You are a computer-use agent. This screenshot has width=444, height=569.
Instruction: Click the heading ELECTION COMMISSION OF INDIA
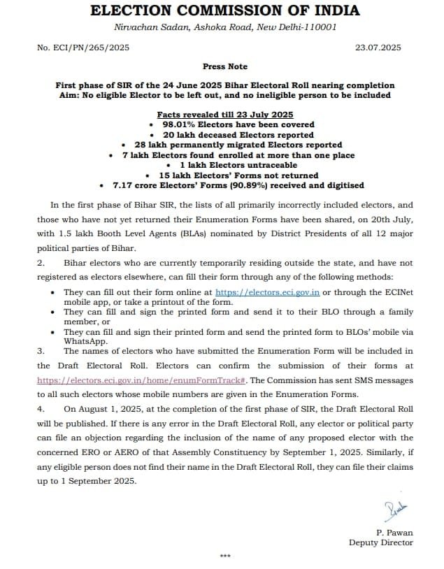(225, 10)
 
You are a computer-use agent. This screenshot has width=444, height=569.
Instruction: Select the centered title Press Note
(224, 66)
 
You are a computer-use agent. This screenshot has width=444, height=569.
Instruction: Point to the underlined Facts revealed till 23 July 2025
(224, 115)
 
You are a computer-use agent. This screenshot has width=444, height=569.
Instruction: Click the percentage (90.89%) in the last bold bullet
(264, 185)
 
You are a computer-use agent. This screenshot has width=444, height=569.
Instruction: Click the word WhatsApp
(86, 341)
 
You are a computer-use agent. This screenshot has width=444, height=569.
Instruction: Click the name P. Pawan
(394, 533)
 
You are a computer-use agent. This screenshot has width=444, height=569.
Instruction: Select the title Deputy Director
(381, 542)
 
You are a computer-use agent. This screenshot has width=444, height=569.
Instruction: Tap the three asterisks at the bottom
(224, 557)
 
